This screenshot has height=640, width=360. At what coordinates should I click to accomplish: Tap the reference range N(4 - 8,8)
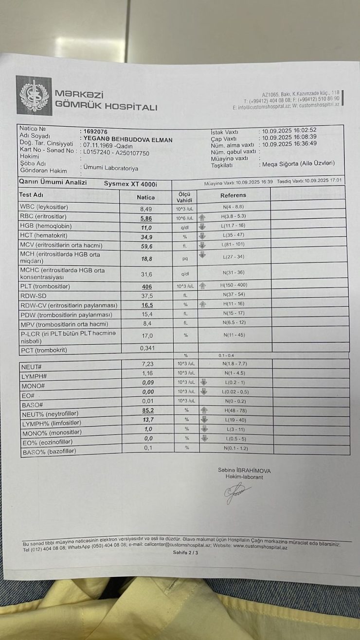point(234,208)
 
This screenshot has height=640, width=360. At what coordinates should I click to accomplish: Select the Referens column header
point(234,196)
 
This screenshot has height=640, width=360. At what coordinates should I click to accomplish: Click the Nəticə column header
point(145,197)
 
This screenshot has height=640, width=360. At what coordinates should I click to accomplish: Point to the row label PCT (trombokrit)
point(43,350)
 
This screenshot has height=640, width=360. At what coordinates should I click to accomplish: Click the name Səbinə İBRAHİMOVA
point(244,471)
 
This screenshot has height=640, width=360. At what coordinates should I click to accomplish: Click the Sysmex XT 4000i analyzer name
point(130,184)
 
